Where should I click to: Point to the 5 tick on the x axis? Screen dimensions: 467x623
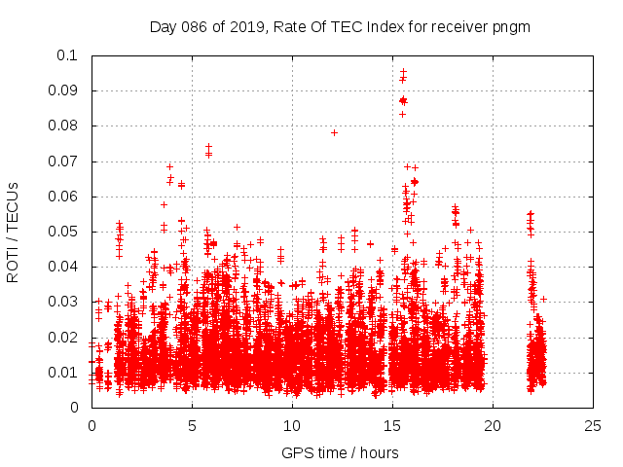click(192, 425)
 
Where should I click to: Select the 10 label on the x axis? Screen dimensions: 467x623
click(292, 425)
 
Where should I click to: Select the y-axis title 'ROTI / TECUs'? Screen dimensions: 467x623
click(14, 232)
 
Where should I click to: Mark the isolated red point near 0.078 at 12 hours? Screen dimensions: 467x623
click(334, 132)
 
